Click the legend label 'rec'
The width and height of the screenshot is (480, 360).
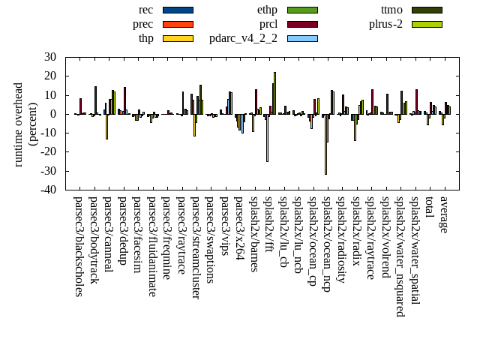(146, 10)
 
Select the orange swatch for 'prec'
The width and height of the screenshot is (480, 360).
(178, 24)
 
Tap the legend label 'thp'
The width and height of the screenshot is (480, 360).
(146, 38)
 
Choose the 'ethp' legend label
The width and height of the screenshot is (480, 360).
(267, 10)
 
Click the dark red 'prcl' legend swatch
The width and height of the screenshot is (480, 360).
(302, 24)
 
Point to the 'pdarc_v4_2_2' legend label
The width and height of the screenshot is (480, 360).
(243, 38)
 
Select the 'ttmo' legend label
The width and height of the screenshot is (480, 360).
(391, 10)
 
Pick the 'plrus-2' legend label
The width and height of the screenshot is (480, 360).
(385, 24)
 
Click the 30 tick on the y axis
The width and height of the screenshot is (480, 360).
(50, 57)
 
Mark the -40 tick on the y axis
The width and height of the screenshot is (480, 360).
(47, 190)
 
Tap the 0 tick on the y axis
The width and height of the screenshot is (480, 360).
(53, 114)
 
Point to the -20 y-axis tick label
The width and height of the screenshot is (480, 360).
(47, 152)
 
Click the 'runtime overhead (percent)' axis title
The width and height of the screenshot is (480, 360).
(25, 124)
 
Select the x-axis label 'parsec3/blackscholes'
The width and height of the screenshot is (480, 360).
(79, 247)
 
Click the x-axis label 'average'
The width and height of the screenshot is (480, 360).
(444, 214)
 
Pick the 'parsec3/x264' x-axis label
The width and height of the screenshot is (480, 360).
(239, 228)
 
